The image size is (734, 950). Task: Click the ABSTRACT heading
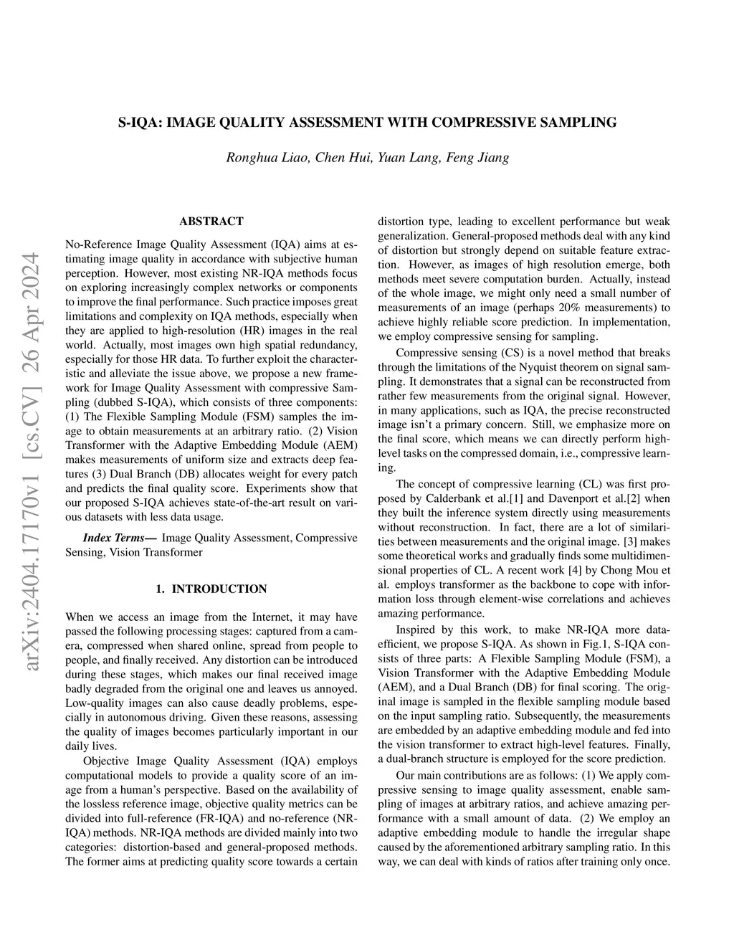pyautogui.click(x=211, y=222)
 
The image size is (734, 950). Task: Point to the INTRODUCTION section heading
pyautogui.click(x=219, y=589)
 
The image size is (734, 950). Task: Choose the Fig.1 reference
pyautogui.click(x=581, y=644)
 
